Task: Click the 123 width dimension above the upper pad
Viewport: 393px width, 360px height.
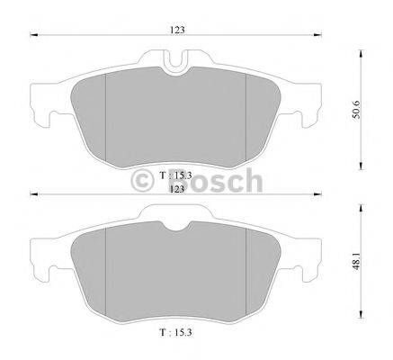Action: (177, 31)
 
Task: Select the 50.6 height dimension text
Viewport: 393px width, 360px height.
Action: (356, 110)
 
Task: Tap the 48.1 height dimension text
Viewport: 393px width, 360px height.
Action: (356, 261)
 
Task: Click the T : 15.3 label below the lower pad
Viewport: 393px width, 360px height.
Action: (175, 332)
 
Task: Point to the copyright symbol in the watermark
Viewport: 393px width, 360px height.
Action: (142, 180)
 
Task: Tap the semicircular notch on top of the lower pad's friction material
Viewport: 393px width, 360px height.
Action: (176, 226)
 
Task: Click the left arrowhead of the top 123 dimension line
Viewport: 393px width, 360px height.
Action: (33, 35)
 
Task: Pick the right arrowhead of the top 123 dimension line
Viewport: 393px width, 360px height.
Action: (317, 35)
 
